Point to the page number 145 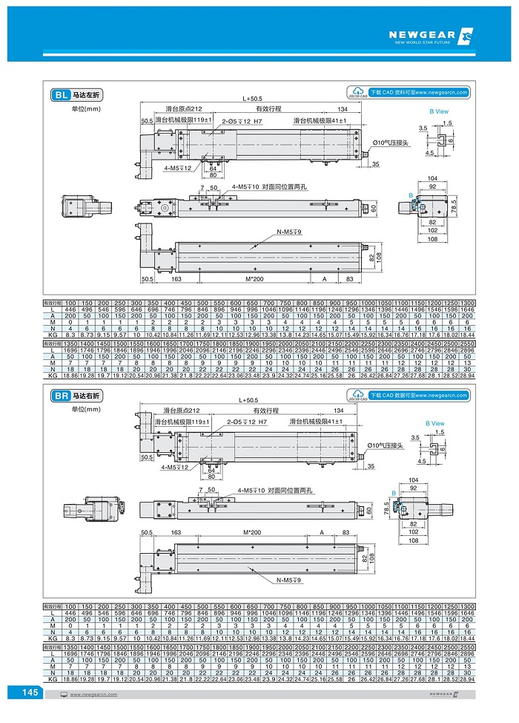click(30, 692)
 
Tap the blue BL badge click(60, 95)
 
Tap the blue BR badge click(60, 396)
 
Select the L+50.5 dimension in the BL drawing click(252, 99)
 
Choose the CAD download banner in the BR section click(420, 395)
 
